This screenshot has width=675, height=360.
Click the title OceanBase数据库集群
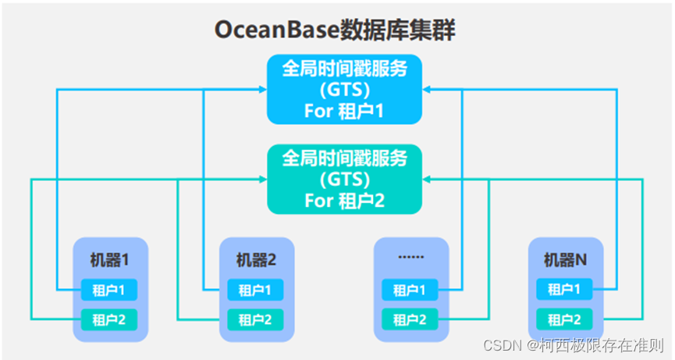pyautogui.click(x=335, y=30)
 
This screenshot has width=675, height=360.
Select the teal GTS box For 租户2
pyautogui.click(x=344, y=180)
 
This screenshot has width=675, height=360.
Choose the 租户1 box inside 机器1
pyautogui.click(x=110, y=290)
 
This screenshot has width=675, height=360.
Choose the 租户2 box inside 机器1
pyautogui.click(x=110, y=319)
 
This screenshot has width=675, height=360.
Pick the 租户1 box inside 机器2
pyautogui.click(x=256, y=290)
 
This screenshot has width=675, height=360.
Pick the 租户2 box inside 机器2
pyautogui.click(x=256, y=319)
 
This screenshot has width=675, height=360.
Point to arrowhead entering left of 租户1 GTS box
pyautogui.click(x=262, y=90)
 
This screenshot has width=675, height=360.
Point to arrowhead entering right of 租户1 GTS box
pyautogui.click(x=427, y=90)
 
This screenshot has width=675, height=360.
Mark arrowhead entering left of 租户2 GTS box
pyautogui.click(x=262, y=180)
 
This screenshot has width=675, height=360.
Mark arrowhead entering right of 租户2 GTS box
pyautogui.click(x=427, y=180)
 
